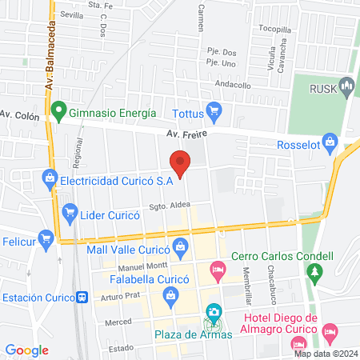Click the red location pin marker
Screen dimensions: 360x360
coord(181,162)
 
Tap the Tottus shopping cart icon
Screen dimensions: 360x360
coord(213,110)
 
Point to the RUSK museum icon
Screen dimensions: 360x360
coord(346,85)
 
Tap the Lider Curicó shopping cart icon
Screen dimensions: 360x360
coord(69,214)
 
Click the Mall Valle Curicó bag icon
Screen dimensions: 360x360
coord(182,246)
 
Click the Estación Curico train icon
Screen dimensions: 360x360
coord(82,297)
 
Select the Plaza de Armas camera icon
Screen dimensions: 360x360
coord(214,312)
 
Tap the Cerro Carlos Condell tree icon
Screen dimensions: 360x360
coord(316,273)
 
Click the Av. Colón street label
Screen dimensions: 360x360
coord(18,114)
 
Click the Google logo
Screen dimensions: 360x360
coord(27,350)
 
